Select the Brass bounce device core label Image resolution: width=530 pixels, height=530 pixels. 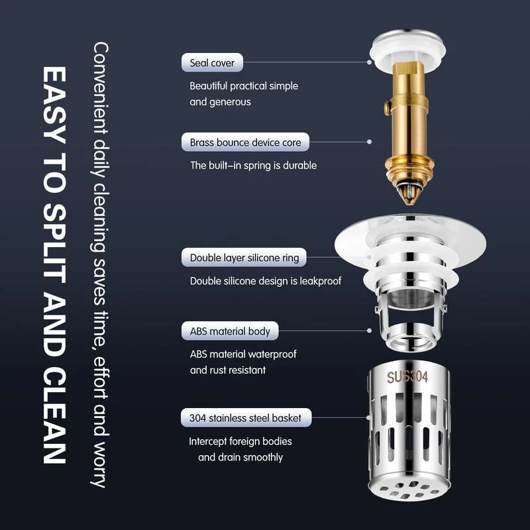click(245, 142)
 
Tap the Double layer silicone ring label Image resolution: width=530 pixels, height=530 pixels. click(244, 258)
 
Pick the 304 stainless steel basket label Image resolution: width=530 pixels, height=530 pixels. click(245, 418)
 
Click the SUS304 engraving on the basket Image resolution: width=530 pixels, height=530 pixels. click(407, 377)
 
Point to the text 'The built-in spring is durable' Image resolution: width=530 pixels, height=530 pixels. click(253, 165)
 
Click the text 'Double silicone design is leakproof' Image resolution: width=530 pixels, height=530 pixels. click(266, 281)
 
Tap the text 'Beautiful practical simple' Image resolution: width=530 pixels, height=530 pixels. click(244, 86)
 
